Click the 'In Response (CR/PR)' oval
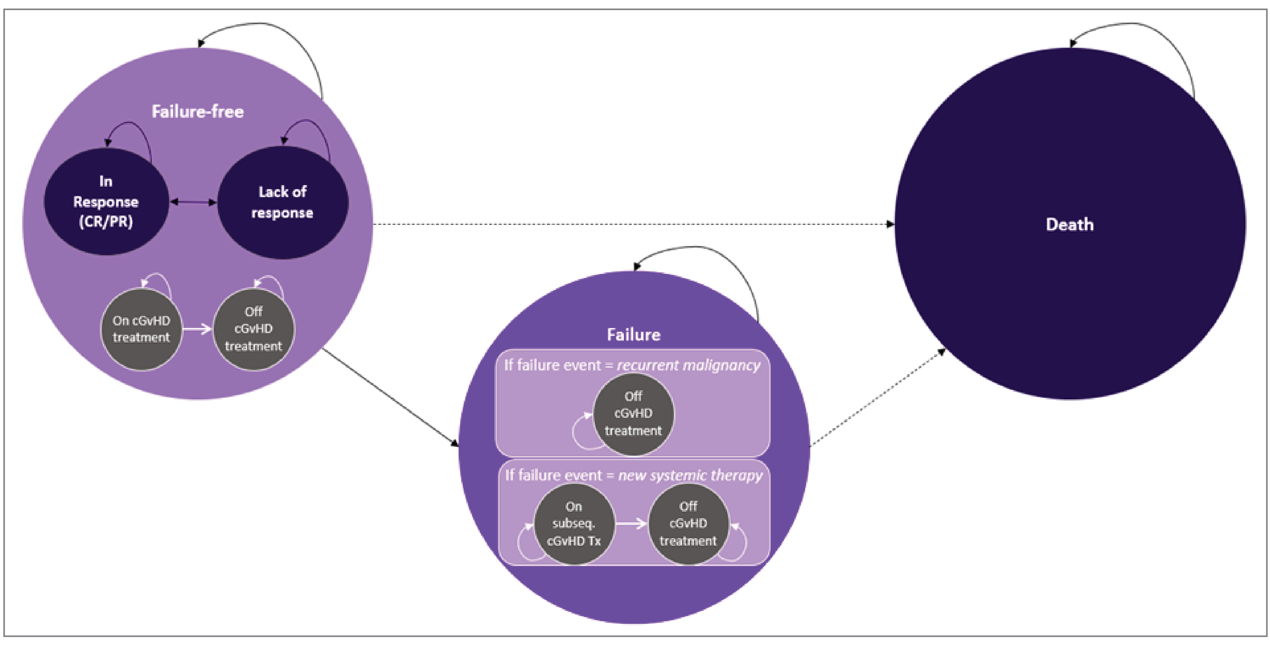pyautogui.click(x=106, y=202)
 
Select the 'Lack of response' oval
pyautogui.click(x=283, y=202)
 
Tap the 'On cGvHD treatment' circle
pyautogui.click(x=141, y=329)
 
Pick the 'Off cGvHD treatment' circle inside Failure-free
pyautogui.click(x=253, y=329)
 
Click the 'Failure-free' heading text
pyautogui.click(x=197, y=112)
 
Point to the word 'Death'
pyautogui.click(x=1069, y=225)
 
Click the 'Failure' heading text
pyautogui.click(x=634, y=335)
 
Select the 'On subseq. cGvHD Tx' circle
pyautogui.click(x=574, y=524)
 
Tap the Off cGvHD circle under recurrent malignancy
pyautogui.click(x=633, y=413)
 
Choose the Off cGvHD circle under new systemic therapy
pyautogui.click(x=688, y=524)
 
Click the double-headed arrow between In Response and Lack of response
pyautogui.click(x=193, y=202)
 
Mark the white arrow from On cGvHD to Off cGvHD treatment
pyautogui.click(x=197, y=329)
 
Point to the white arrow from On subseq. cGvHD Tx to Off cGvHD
pyautogui.click(x=631, y=523)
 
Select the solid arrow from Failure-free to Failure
pyautogui.click(x=390, y=397)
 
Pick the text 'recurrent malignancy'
pyautogui.click(x=689, y=366)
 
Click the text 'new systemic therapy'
pyautogui.click(x=690, y=475)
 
